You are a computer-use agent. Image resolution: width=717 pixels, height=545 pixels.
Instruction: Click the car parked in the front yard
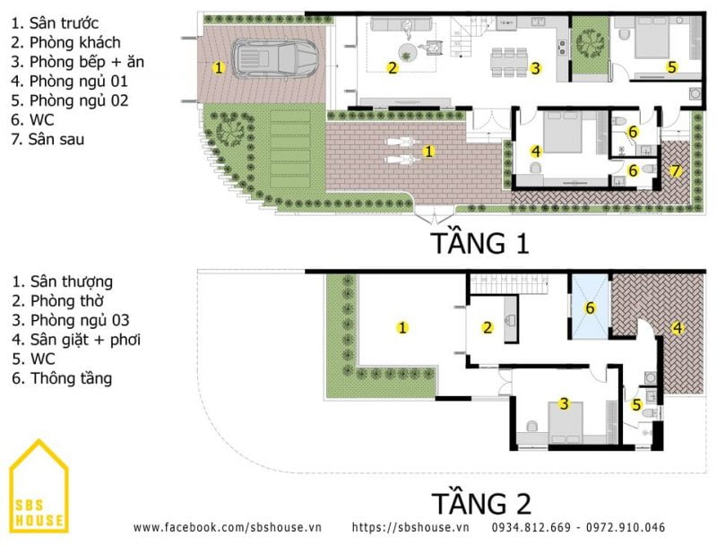tap(276, 58)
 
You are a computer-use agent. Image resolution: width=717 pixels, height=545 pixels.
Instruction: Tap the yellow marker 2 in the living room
tap(393, 68)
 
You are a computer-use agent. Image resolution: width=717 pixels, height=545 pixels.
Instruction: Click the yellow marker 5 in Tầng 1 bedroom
tap(671, 67)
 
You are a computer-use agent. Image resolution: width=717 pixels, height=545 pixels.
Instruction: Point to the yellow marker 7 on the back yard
tap(676, 171)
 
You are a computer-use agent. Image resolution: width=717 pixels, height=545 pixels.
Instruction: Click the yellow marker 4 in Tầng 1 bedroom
tap(536, 151)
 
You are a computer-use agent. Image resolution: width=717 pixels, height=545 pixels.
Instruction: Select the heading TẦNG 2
tap(481, 503)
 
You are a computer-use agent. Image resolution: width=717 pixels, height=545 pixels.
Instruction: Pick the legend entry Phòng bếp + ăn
tap(77, 62)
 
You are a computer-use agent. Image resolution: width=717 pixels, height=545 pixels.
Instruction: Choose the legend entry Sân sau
tap(48, 139)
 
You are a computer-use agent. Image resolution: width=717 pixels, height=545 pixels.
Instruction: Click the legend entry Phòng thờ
tap(58, 301)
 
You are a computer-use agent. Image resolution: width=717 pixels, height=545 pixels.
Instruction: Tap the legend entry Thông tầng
tap(62, 378)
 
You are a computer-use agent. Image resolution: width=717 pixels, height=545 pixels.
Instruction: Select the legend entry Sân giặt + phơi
tap(76, 340)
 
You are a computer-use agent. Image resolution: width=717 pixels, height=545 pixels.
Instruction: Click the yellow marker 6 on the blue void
tap(590, 307)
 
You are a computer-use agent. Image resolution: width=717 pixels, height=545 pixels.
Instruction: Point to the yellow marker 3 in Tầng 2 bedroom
tap(565, 403)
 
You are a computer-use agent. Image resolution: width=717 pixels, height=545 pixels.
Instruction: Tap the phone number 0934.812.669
tap(531, 527)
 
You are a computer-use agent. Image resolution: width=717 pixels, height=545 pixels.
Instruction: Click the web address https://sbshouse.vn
tap(410, 527)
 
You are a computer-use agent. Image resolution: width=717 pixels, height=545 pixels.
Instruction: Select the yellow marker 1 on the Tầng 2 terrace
tap(402, 327)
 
